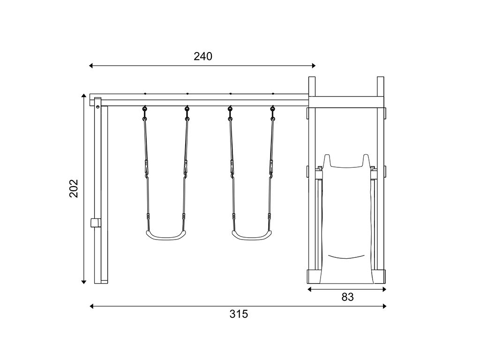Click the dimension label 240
203,56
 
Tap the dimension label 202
74,188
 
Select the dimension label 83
347,297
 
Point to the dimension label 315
239,314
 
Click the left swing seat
166,235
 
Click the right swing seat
252,235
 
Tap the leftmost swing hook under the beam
145,109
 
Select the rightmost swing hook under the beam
273,109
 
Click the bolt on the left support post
97,106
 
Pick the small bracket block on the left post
95,223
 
